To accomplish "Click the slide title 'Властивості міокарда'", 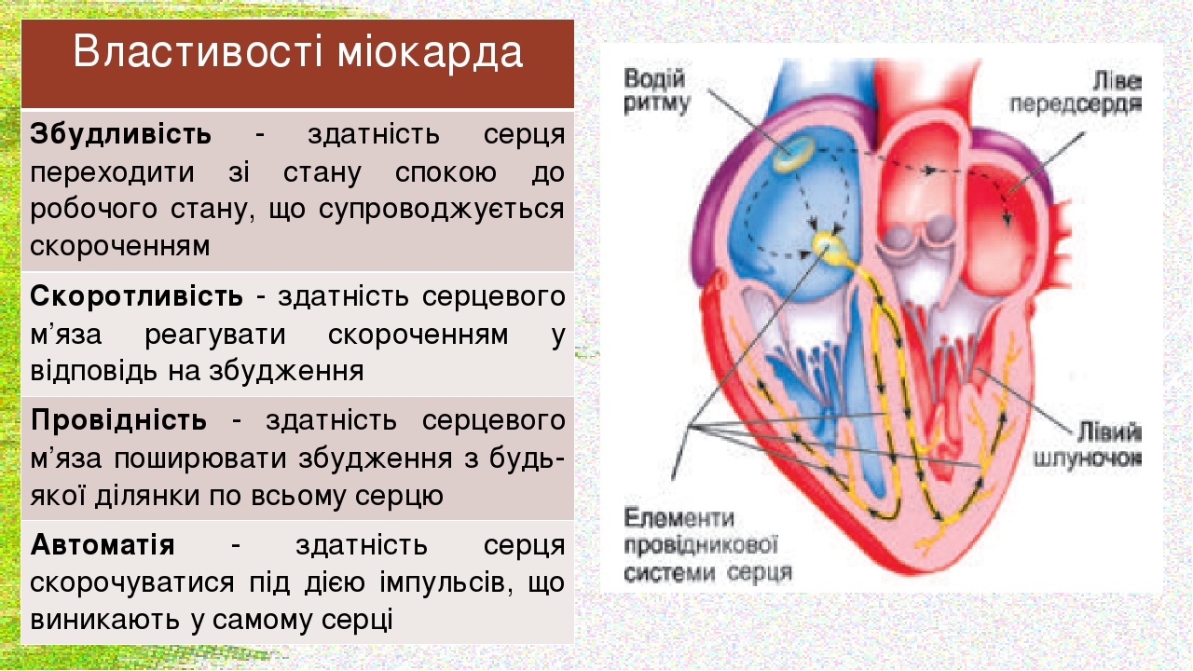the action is [x=297, y=51].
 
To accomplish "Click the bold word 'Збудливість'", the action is [x=121, y=134].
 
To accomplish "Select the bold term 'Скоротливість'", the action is [x=136, y=296].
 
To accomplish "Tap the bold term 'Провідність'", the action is [x=118, y=420].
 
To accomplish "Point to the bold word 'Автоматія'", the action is [x=103, y=545].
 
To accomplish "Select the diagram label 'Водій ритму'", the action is [x=656, y=91].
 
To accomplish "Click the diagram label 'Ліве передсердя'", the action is [x=1076, y=92].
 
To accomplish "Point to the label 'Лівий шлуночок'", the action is [x=1088, y=445].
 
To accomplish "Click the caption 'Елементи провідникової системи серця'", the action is [x=707, y=545].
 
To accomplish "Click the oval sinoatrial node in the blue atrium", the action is [x=793, y=153].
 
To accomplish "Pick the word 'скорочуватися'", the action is [x=132, y=583].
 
